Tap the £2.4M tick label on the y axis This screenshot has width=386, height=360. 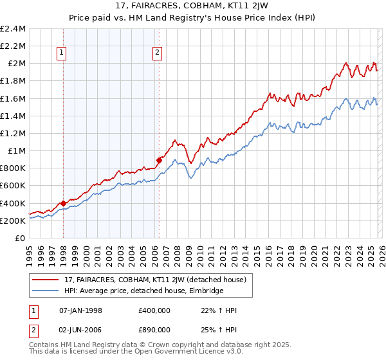pyautogui.click(x=13, y=29)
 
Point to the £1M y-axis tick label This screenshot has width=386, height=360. pyautogui.click(x=17, y=151)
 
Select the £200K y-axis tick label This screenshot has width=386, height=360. pyautogui.click(x=13, y=221)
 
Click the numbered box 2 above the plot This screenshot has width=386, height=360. pyautogui.click(x=158, y=53)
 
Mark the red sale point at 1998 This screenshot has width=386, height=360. pyautogui.click(x=63, y=204)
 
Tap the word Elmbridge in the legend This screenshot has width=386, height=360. pyautogui.click(x=205, y=291)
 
